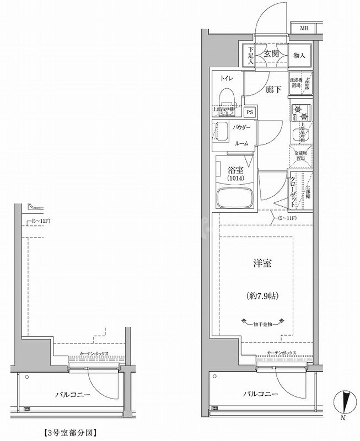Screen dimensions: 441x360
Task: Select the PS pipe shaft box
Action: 250,113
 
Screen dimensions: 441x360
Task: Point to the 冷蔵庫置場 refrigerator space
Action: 301,156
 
